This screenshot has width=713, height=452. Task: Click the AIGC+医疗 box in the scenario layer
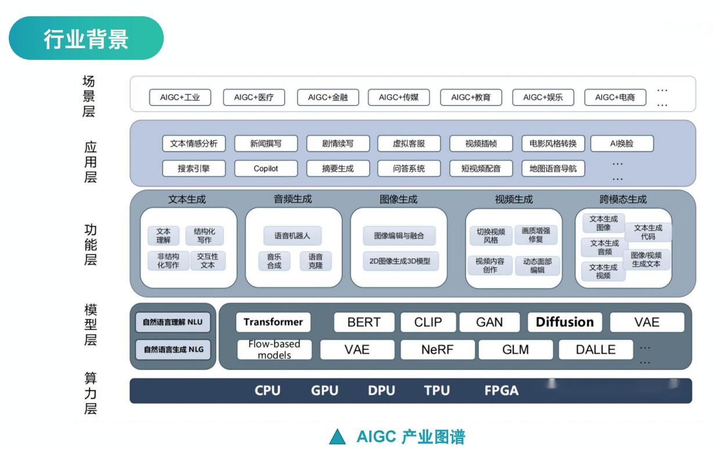click(254, 97)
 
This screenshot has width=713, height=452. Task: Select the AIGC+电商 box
click(615, 97)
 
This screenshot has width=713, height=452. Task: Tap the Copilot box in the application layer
click(266, 168)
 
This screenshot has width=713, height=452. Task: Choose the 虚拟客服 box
click(409, 144)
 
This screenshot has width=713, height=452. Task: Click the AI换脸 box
click(622, 144)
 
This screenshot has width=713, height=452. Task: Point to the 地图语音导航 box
click(553, 168)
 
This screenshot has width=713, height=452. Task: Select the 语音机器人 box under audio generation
click(293, 236)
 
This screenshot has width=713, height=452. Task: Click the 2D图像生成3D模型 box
click(401, 261)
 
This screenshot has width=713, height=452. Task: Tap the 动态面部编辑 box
click(537, 266)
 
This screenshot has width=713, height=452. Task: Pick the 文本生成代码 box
click(648, 232)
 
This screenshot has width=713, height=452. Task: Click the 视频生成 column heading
click(514, 199)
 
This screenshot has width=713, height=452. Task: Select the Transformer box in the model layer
click(273, 322)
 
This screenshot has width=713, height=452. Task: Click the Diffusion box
click(565, 322)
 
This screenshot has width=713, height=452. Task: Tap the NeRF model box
click(438, 350)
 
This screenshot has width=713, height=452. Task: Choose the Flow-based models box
click(275, 350)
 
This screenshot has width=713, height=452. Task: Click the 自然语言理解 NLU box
click(173, 322)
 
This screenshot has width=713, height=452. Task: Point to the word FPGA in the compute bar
click(501, 390)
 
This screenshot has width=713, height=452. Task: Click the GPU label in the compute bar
click(325, 390)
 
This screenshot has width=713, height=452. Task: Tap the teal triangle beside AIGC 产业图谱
click(337, 437)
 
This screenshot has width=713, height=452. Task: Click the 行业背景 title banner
click(87, 38)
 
